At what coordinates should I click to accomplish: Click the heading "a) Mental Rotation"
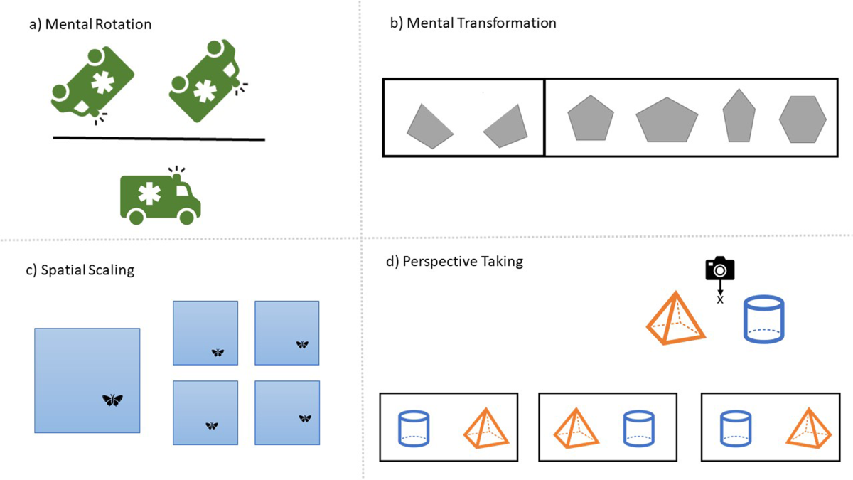coord(90,25)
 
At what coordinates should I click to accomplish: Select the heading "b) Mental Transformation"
coord(473,23)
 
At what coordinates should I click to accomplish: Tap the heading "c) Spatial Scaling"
coord(80,270)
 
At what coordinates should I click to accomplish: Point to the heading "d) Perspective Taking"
coord(454,261)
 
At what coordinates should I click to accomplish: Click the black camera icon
coord(719,269)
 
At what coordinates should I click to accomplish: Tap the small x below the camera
coord(719,300)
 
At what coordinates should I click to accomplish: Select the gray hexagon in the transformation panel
coord(803,119)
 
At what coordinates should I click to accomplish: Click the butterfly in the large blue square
coord(112,400)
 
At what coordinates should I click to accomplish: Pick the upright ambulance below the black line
coord(160,196)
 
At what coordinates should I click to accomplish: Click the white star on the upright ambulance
coord(149,194)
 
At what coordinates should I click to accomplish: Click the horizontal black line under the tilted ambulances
coord(159,139)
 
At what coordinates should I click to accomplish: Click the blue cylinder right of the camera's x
coord(763,321)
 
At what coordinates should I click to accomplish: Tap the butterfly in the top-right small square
coord(302,344)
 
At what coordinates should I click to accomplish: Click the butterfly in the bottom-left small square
coord(212,425)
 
